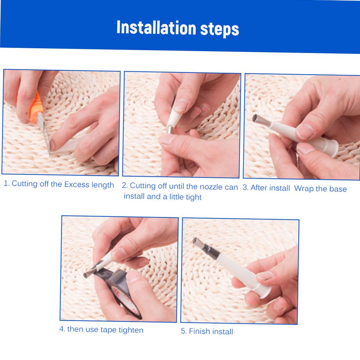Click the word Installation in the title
[x=156, y=27]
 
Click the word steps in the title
[x=220, y=30]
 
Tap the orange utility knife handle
[x=35, y=107]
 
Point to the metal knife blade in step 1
[x=45, y=133]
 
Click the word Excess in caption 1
[x=77, y=184]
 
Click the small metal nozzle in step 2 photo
[x=170, y=129]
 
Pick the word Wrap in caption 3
[x=304, y=188]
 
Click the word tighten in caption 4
[x=131, y=330]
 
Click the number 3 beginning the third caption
[x=245, y=187]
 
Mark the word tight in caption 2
[x=194, y=197]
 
